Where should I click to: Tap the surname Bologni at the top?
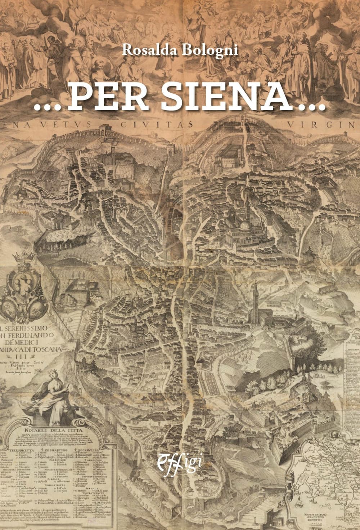pos(212,50)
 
